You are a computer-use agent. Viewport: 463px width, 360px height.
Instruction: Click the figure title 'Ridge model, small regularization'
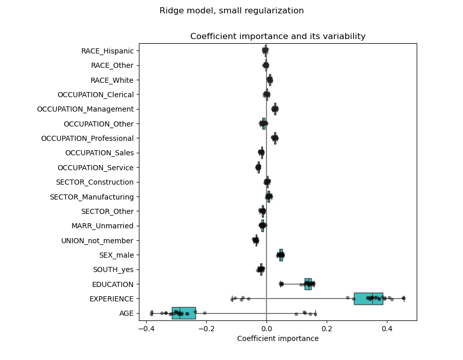232,11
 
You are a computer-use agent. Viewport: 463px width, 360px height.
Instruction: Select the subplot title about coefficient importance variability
278,37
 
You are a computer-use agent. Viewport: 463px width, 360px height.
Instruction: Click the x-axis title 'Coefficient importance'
278,338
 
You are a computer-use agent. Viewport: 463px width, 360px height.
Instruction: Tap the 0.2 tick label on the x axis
326,328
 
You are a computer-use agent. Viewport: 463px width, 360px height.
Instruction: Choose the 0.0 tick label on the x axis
266,328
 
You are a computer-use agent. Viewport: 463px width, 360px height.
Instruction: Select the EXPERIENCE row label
111,299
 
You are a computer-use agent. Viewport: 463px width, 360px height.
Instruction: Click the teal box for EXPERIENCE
368,298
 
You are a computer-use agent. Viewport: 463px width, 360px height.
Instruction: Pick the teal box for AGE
184,313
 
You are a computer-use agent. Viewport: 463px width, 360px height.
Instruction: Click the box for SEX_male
281,255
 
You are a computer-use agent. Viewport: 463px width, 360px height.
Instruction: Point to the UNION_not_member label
97,241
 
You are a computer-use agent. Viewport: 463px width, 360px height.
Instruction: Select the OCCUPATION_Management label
85,109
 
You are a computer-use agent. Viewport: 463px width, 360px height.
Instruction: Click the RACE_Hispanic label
108,51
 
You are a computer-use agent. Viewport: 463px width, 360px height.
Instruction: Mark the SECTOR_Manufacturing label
92,197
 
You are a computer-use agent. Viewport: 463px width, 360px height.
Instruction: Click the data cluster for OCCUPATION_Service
258,167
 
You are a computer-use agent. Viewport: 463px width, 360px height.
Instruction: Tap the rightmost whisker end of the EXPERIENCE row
404,298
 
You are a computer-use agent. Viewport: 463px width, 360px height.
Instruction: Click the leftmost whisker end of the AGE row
151,313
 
